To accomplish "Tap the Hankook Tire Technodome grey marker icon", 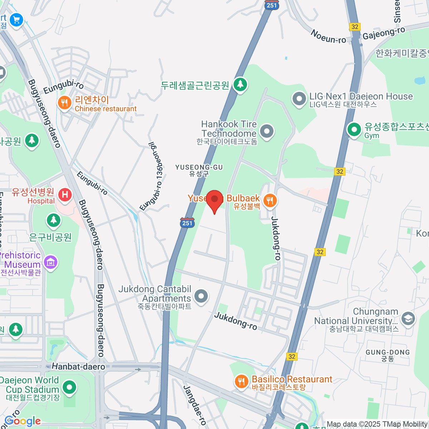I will click(266, 132).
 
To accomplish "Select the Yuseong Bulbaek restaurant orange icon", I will click(270, 201).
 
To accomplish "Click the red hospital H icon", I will click(65, 195).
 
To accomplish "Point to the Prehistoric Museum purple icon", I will click(50, 263).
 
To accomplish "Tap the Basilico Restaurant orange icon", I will click(241, 381).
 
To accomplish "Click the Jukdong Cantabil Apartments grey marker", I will click(201, 296).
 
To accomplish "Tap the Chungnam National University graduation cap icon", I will click(408, 318).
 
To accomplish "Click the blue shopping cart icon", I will click(16, 20).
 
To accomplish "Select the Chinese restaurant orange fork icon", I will click(64, 104).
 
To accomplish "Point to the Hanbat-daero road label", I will click(79, 366).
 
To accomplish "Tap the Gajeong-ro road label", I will click(384, 33).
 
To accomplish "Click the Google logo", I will click(23, 421).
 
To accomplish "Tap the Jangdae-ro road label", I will click(195, 404).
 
